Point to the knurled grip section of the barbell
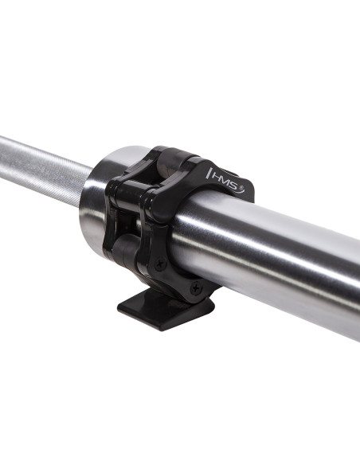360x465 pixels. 40,167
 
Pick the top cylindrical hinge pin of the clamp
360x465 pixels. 177,159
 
